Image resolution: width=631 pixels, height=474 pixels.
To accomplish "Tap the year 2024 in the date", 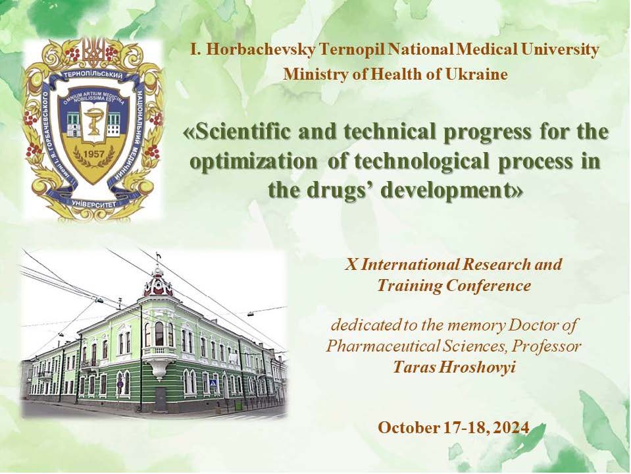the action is [511, 427].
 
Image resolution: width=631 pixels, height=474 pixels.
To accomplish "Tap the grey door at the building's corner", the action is [160, 399].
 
